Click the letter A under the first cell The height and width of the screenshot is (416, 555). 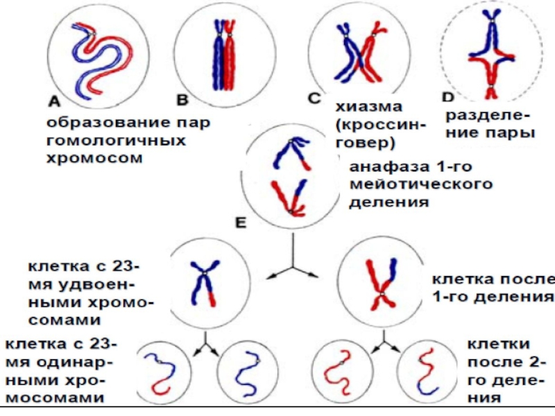pos(53,101)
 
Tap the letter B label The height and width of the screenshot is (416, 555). pos(182,101)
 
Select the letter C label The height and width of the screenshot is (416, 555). pos(314,99)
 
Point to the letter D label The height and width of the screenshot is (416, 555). pos(447,98)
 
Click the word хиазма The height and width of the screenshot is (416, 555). pos(369,107)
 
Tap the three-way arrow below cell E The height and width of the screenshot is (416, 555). pos(291,266)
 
